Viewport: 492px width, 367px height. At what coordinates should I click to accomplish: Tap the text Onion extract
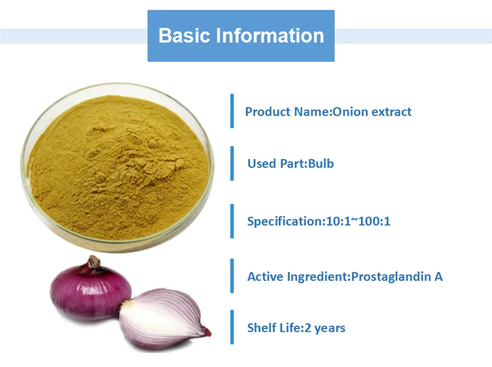372,112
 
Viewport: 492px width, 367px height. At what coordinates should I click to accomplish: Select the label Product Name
287,112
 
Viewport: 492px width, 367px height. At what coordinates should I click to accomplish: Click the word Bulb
321,163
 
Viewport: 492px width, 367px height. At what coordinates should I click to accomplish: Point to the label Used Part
276,163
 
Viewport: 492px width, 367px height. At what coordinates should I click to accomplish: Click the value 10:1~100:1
358,221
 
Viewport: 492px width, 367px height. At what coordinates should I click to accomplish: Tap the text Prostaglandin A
397,276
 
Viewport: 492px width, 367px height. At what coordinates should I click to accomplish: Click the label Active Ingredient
297,276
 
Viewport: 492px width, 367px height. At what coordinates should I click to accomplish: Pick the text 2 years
323,328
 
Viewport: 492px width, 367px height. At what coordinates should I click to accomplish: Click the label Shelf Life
273,328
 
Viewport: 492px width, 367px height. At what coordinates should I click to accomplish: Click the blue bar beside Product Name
232,111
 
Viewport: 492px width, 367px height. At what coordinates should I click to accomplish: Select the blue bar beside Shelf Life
232,327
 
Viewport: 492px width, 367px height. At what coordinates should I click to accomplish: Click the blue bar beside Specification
232,221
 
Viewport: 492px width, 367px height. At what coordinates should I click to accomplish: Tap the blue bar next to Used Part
232,163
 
